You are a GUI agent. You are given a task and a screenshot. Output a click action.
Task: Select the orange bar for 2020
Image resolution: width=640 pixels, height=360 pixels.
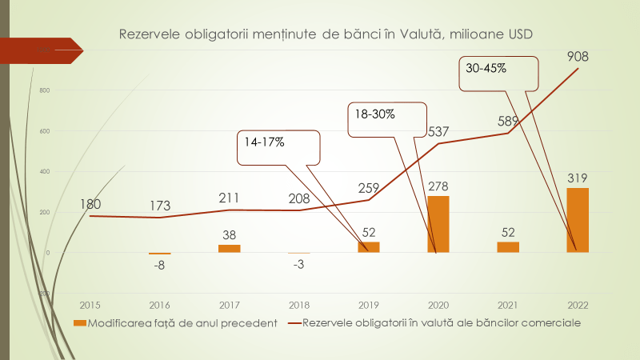pos(438,224)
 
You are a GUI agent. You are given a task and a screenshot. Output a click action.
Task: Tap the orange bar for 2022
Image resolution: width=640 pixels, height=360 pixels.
pos(578,220)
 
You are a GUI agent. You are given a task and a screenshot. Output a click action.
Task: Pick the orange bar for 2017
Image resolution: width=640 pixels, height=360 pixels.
pos(229,248)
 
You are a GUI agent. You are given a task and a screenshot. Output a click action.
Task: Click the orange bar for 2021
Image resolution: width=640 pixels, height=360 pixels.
pos(507,247)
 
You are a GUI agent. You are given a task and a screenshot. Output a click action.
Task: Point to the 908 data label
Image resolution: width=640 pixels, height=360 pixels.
pos(578,57)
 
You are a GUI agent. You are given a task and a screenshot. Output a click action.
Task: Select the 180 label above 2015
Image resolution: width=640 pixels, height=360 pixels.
pos(90,204)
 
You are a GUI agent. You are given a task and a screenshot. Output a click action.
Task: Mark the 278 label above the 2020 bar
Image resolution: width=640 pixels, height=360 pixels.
pos(438,186)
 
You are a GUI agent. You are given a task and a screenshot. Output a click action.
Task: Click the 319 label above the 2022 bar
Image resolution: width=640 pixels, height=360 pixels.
pos(578,177)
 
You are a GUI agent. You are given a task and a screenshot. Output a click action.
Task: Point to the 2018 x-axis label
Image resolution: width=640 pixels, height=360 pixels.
pos(298,305)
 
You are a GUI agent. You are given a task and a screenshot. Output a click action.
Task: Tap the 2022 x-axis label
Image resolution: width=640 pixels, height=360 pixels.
pos(578,305)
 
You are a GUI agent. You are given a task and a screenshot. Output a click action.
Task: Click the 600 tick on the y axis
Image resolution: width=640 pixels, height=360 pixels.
pos(44,131)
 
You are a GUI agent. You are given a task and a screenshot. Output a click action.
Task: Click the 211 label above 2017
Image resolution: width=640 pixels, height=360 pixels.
pos(229,198)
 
